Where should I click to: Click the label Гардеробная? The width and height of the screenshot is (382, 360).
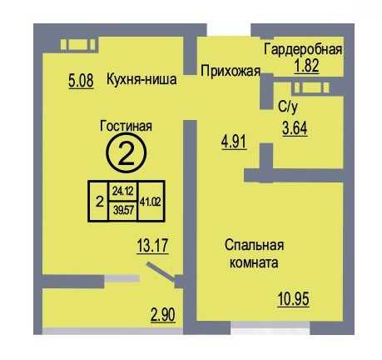point(303,50)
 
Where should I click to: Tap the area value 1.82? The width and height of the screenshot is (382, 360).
point(306,66)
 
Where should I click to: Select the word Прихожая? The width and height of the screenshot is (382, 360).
point(231,71)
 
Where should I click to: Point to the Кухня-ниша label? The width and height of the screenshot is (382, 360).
point(141,79)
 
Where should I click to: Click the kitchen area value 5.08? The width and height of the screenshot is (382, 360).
point(81,81)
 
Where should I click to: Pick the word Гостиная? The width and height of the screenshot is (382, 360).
point(126,126)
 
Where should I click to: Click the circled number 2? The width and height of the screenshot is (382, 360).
point(127,154)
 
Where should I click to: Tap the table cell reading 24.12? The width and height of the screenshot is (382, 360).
point(123,191)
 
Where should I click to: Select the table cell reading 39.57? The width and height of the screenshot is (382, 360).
point(123,211)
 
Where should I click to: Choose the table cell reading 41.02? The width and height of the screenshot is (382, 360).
point(151,202)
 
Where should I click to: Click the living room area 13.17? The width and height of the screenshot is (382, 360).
point(152,246)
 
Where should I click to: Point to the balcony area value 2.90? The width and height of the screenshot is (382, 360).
point(163,315)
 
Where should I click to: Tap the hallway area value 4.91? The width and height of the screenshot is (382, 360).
point(234,142)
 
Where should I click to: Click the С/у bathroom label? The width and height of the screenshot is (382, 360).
point(288,107)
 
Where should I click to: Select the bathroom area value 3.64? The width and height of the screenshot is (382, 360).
point(295,128)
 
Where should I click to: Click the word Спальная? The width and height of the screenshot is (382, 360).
point(255,245)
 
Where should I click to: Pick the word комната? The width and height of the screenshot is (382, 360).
point(254,262)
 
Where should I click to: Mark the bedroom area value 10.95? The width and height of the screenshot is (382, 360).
point(294,299)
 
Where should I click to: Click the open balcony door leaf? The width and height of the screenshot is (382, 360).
point(161,272)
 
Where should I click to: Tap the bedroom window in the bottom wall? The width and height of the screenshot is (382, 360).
point(270,325)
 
